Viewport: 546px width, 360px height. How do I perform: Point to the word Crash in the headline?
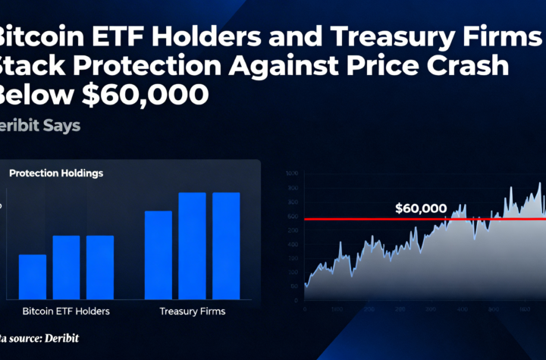click(x=464, y=67)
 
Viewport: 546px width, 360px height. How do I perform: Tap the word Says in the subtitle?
click(x=61, y=126)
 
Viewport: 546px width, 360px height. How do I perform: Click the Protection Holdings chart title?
click(x=56, y=173)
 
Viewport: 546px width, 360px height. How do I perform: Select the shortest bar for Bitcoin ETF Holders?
click(x=33, y=277)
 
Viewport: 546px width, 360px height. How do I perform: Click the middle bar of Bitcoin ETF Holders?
click(x=66, y=268)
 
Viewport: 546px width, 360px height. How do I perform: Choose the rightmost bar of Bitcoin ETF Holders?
click(x=99, y=268)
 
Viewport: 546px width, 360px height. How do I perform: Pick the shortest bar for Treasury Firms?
click(x=158, y=255)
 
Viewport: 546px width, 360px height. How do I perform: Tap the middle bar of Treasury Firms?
click(x=192, y=246)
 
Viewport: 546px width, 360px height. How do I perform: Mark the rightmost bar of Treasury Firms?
click(x=226, y=246)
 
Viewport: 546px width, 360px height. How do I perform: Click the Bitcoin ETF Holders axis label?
click(x=66, y=311)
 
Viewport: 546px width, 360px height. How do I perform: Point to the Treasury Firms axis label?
click(x=192, y=311)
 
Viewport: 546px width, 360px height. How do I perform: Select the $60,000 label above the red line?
click(x=421, y=207)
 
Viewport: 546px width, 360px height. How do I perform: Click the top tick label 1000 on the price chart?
click(x=293, y=174)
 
